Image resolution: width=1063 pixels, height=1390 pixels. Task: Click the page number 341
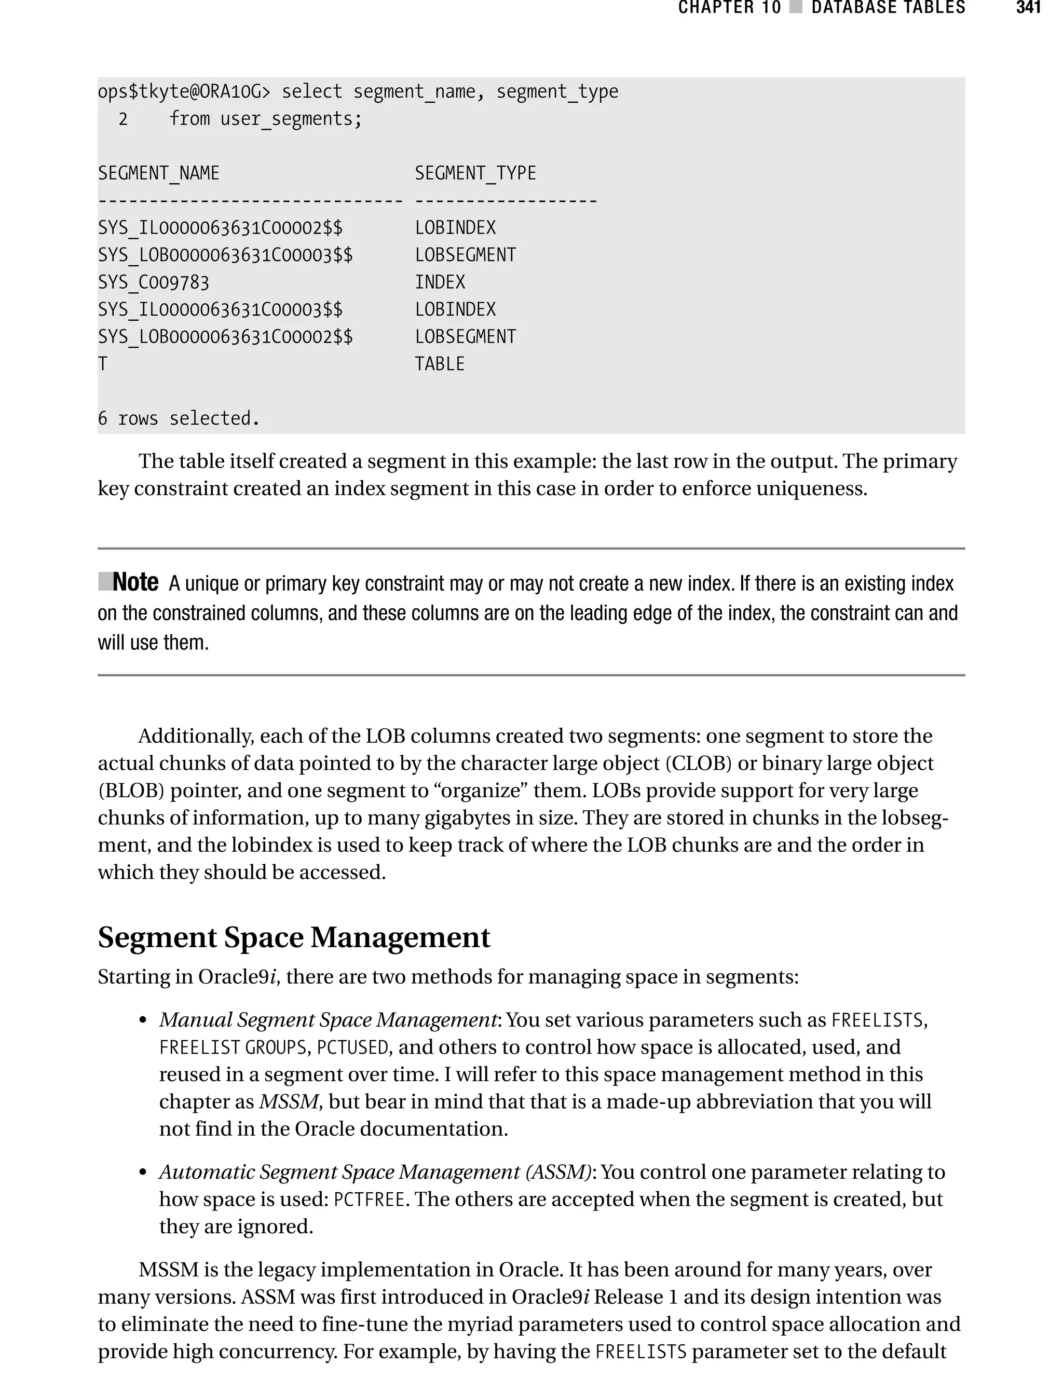coord(1028,8)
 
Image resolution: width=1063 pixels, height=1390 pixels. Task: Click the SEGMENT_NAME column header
coord(159,173)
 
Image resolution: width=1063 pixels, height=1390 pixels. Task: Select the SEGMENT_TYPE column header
coord(475,173)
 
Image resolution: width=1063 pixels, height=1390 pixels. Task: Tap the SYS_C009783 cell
coord(153,282)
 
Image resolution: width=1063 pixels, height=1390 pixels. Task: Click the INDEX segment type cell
coord(440,282)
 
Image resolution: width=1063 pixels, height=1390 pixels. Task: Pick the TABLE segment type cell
coord(440,364)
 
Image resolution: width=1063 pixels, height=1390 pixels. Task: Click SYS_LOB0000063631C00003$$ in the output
coord(225,255)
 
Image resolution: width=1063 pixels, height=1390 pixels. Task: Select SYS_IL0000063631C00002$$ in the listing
coord(220,228)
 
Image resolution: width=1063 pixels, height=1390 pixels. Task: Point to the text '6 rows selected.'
coord(179,418)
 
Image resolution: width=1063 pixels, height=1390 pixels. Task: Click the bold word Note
coord(135,582)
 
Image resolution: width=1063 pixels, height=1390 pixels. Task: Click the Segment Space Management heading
coord(294,937)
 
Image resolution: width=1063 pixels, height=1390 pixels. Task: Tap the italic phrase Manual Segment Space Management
coord(328,1020)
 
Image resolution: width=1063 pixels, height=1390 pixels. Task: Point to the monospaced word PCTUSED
coord(352,1048)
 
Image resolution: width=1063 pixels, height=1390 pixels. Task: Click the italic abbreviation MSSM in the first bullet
coord(289,1101)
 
